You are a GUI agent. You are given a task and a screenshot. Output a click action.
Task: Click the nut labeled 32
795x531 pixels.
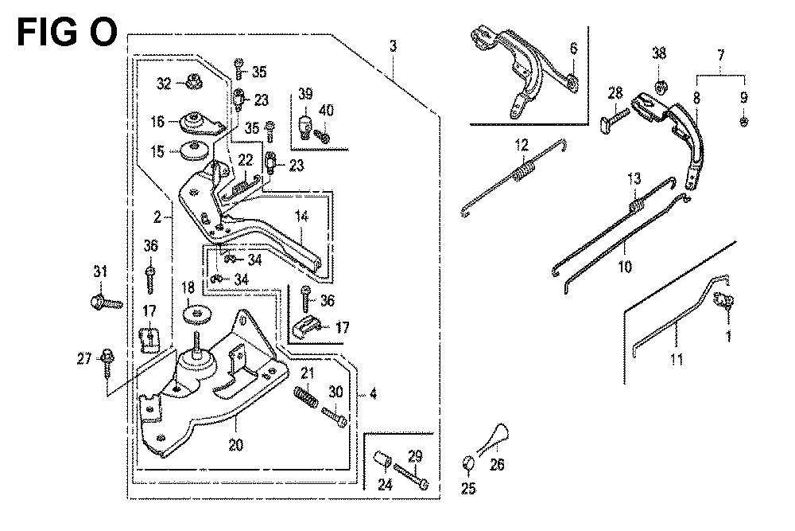[192, 80]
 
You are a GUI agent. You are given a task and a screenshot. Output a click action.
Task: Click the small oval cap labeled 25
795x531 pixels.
[468, 463]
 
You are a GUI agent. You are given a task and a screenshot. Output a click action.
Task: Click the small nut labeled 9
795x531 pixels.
[743, 122]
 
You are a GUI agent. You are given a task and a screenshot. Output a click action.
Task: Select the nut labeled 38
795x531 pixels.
[660, 84]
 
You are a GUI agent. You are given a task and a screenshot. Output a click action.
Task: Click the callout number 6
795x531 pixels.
[573, 49]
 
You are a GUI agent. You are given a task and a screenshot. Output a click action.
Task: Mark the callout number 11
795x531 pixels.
[677, 361]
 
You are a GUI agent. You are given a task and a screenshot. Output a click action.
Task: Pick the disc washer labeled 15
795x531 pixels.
[195, 150]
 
